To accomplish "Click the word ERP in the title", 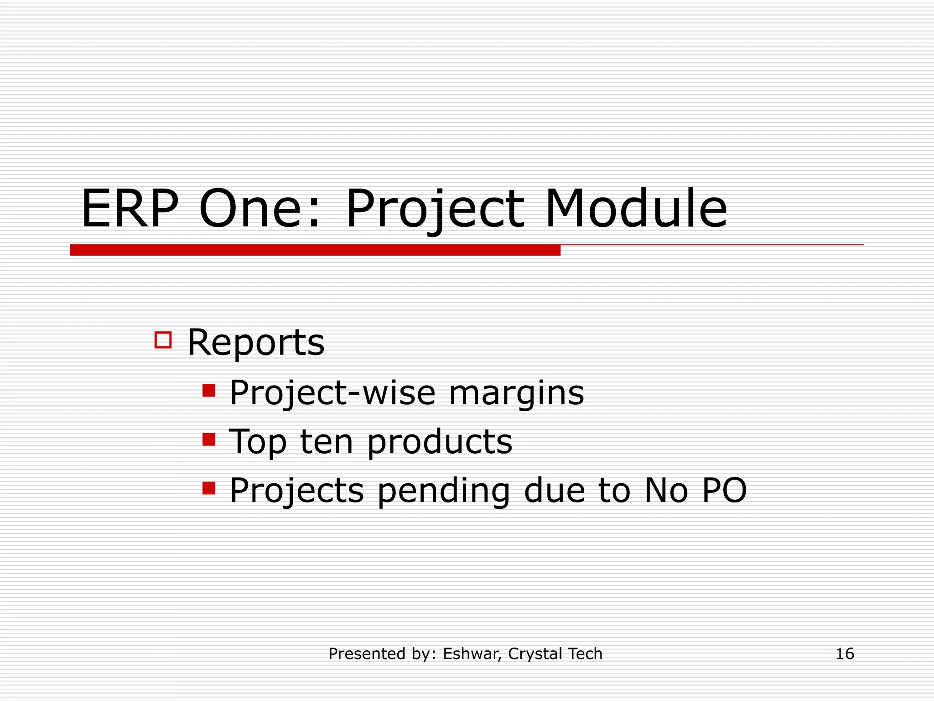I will click(130, 209).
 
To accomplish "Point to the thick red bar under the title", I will click(315, 250).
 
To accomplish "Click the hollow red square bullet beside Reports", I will click(163, 340).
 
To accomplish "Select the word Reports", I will click(256, 342).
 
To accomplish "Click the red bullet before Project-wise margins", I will click(209, 391).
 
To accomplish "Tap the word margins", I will click(516, 393).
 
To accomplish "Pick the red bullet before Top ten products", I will click(209, 439).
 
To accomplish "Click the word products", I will click(440, 443).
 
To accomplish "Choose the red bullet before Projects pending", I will click(209, 488).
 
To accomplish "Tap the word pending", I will click(444, 492).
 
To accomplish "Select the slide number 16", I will click(845, 654).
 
